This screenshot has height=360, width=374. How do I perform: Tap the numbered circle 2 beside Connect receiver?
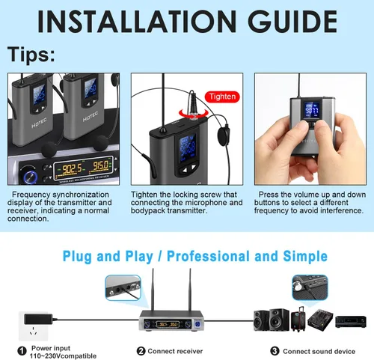(141, 350)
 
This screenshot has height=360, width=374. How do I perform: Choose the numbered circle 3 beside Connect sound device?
(275, 350)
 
